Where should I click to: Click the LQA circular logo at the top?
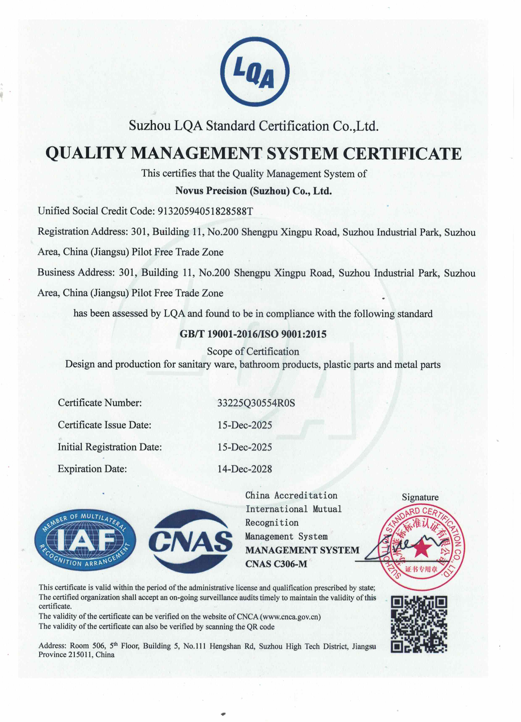[x=255, y=72]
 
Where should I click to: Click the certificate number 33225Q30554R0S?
[x=256, y=403]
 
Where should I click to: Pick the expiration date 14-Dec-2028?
[x=244, y=469]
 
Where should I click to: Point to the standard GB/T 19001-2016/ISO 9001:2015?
[x=253, y=334]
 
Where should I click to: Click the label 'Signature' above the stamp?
[x=420, y=497]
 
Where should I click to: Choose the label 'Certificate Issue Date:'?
[x=104, y=425]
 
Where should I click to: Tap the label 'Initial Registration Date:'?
[x=109, y=447]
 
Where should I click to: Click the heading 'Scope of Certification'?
[x=253, y=351]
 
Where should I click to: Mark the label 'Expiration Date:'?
[x=92, y=469]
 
